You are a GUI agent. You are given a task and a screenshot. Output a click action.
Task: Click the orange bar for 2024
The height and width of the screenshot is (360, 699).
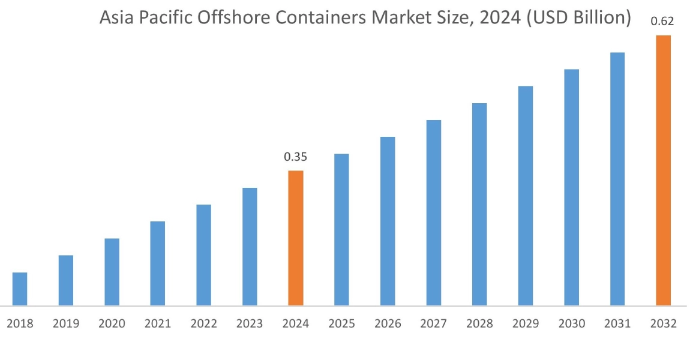[296, 238]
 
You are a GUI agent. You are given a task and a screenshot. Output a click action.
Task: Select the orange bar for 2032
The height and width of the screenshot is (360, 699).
[663, 170]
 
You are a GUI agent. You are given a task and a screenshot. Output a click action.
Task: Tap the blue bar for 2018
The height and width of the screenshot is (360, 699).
[20, 289]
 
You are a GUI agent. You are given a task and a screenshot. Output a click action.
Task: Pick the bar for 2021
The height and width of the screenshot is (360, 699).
[158, 263]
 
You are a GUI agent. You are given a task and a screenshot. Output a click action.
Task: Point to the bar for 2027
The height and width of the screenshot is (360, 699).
[434, 213]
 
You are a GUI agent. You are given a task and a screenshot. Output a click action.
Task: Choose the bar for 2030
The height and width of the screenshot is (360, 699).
[571, 187]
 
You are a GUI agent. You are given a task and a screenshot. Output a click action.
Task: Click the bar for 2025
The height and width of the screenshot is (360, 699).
[341, 230]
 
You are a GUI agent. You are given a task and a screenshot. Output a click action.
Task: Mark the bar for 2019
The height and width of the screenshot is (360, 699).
[66, 280]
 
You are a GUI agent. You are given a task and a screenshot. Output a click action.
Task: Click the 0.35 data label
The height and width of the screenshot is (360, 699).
[295, 157]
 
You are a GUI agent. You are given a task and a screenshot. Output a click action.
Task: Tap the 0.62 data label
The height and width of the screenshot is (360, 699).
[662, 22]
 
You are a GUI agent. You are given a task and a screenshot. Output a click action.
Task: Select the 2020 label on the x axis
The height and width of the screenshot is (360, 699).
[112, 324]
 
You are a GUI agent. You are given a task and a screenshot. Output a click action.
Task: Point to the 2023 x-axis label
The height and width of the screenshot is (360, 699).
[250, 324]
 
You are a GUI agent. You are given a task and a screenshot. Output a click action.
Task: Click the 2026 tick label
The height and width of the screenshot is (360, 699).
[388, 324]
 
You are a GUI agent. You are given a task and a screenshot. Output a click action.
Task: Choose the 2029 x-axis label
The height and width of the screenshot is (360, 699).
[526, 324]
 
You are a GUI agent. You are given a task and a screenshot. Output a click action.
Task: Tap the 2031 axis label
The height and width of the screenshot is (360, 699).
[617, 324]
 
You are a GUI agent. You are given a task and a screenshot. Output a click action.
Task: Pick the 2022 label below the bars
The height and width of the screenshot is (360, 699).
[203, 324]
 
